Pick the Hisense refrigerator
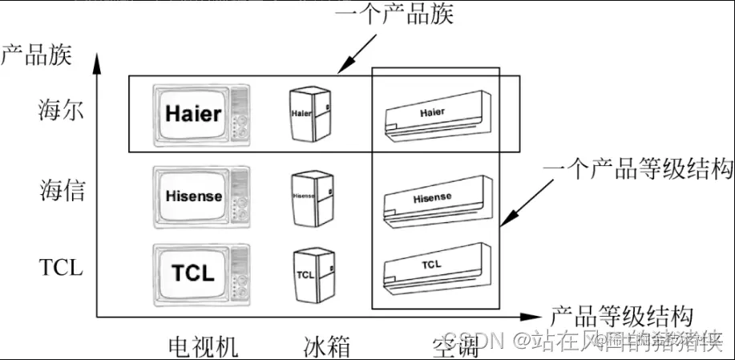click(310, 197)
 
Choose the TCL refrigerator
click(310, 274)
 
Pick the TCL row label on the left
click(61, 268)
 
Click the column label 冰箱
click(327, 346)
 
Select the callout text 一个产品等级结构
click(638, 168)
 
